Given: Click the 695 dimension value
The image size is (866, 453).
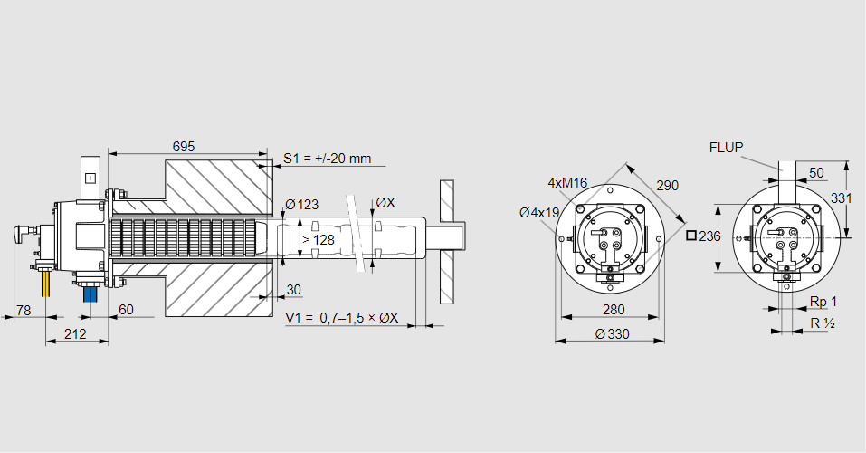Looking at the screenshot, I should (x=184, y=146).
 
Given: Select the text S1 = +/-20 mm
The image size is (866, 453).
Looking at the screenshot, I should (x=327, y=159).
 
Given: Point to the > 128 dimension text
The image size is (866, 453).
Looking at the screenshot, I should (x=318, y=239).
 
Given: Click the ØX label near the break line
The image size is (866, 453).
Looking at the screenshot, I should (x=385, y=203).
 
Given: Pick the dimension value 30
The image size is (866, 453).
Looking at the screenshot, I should (x=293, y=290).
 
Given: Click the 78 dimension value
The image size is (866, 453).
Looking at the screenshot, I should (x=24, y=311).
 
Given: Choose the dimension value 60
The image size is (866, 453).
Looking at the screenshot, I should (x=126, y=311).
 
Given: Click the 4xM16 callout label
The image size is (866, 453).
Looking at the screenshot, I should (x=567, y=182).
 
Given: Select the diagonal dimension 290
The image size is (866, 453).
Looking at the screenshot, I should (x=667, y=185).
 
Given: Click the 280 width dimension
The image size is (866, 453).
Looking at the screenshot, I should (x=613, y=311).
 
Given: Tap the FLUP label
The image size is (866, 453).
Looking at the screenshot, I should (x=727, y=147).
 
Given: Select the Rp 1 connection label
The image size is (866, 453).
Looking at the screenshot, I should (x=823, y=301).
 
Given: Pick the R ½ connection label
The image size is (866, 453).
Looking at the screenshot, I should (x=822, y=323).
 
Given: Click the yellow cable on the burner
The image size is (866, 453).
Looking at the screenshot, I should (x=45, y=284).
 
